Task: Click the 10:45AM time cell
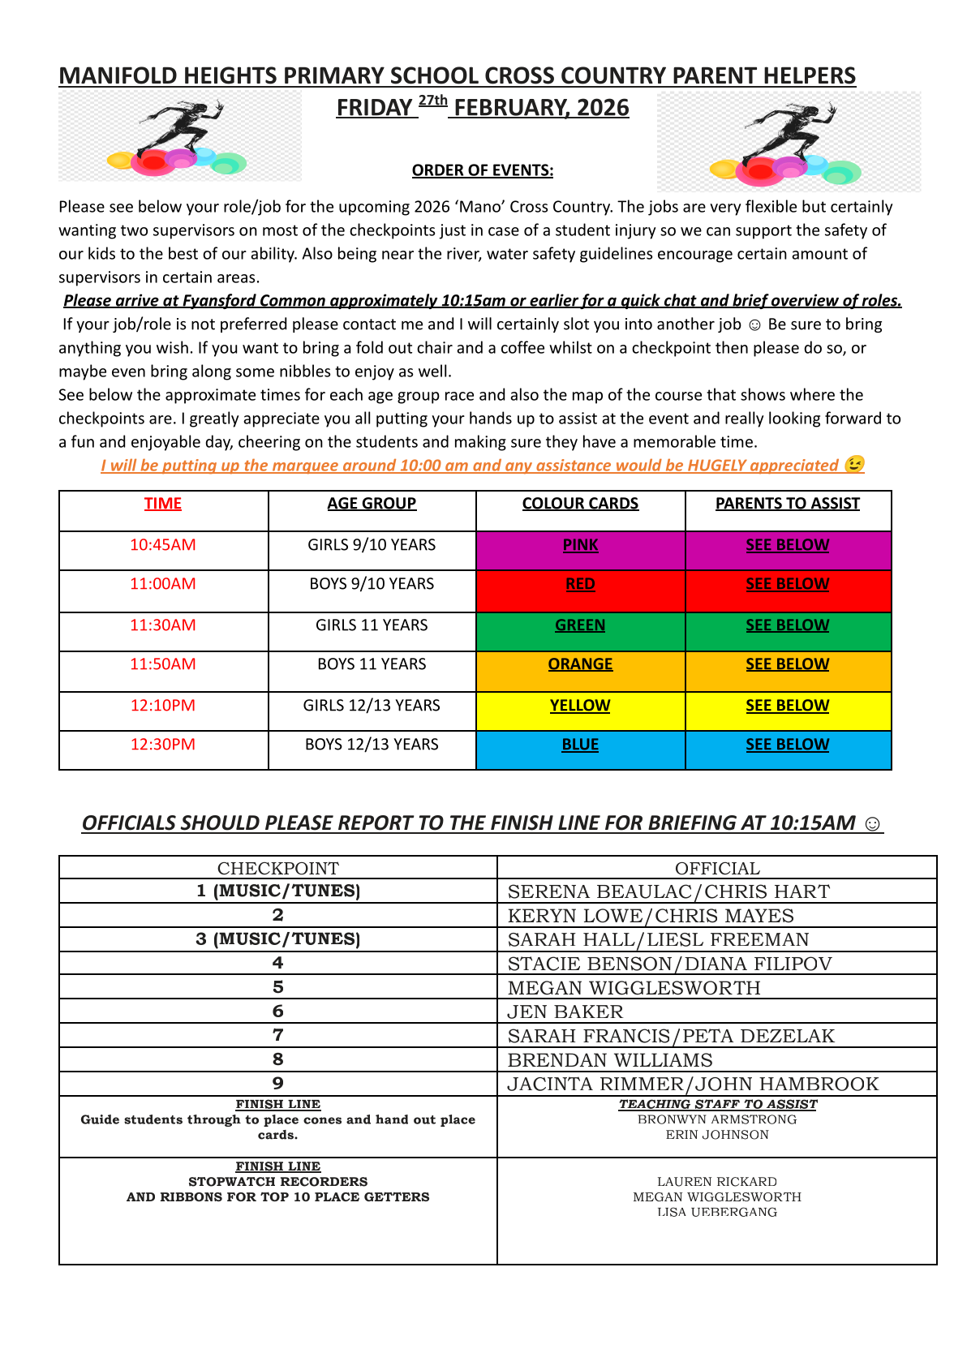click(163, 545)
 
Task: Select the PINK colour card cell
click(580, 545)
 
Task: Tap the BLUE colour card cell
click(580, 745)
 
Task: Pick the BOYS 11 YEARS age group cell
click(372, 664)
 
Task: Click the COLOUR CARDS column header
click(580, 504)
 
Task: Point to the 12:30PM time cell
click(163, 745)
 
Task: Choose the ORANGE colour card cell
click(580, 664)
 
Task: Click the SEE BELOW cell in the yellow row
click(787, 706)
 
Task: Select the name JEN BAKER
click(565, 1012)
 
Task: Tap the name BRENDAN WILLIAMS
click(610, 1060)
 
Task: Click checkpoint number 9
click(278, 1084)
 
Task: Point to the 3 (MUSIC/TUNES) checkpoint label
click(278, 939)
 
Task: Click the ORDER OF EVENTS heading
click(483, 170)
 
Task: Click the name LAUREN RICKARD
click(717, 1182)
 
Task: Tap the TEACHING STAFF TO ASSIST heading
click(718, 1104)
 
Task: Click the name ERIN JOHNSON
click(717, 1135)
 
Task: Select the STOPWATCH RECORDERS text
click(278, 1182)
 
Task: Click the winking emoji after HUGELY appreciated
click(854, 465)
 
